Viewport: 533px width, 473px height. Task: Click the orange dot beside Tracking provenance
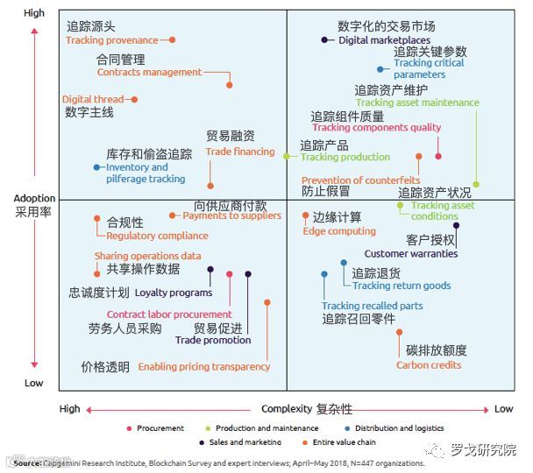[173, 40]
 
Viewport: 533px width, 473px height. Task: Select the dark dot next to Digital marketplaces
[325, 40]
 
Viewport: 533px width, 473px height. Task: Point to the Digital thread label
[93, 100]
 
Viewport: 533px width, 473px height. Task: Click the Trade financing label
[240, 152]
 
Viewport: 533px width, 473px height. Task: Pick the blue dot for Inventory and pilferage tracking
[97, 167]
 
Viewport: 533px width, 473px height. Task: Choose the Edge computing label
[338, 231]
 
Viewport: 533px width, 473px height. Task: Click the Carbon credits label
[429, 365]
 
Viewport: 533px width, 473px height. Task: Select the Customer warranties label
[410, 254]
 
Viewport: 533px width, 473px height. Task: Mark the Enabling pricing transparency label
[203, 367]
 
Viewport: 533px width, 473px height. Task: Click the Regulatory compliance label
[157, 236]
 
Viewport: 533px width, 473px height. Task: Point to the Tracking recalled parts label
[372, 307]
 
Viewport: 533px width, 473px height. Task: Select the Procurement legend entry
[160, 428]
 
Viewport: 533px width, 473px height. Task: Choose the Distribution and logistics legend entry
[399, 428]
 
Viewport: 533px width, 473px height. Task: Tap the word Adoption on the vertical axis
[34, 199]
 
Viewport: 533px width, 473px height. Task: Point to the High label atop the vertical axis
[34, 14]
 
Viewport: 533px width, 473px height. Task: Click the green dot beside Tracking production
[286, 156]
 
